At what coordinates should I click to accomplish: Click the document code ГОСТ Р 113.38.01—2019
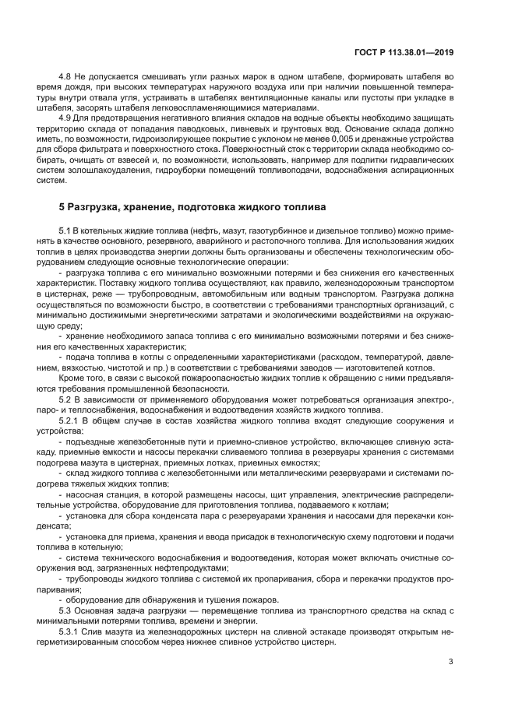400,51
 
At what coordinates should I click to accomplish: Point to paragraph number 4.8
67,77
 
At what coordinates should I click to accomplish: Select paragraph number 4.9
67,118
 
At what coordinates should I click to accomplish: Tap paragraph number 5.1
67,231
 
